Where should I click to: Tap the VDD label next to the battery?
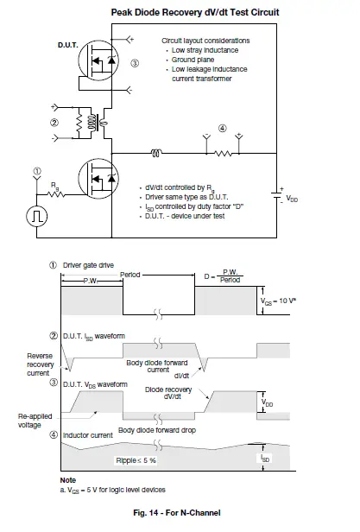(293, 197)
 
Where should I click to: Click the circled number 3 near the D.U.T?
(133, 63)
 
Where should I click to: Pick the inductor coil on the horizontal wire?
(156, 155)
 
